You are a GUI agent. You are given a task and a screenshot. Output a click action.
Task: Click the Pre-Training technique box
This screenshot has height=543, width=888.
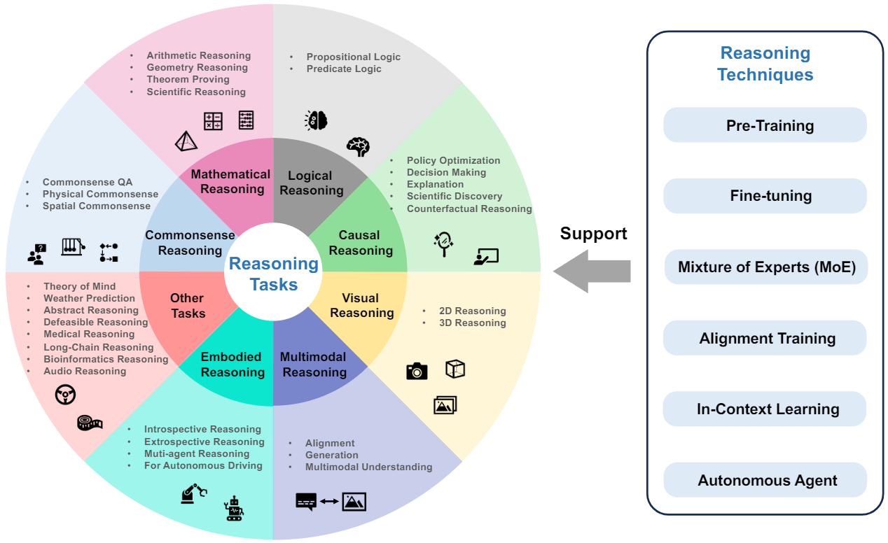click(x=765, y=126)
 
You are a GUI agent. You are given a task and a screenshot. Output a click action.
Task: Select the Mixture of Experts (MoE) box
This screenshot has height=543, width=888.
click(x=766, y=267)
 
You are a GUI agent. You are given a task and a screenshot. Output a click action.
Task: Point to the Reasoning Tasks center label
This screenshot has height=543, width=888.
click(x=274, y=274)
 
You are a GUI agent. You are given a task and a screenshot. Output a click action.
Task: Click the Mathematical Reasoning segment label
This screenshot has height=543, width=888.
click(x=230, y=181)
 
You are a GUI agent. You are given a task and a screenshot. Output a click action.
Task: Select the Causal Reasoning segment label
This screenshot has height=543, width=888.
click(x=360, y=243)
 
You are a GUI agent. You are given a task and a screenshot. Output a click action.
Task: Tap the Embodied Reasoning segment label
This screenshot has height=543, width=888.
click(x=232, y=365)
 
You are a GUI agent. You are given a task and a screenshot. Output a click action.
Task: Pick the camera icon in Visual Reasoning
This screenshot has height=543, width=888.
click(x=417, y=371)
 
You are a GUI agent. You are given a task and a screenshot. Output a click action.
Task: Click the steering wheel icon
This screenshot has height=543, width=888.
click(x=66, y=395)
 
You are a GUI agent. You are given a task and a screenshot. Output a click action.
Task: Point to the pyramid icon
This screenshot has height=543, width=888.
click(x=186, y=141)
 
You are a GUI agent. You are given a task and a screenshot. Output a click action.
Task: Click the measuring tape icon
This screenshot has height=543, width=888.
click(x=90, y=423)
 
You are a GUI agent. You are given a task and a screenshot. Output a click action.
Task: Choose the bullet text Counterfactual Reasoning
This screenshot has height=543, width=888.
click(x=469, y=209)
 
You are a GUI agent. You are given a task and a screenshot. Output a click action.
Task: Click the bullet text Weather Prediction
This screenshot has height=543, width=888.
click(x=89, y=298)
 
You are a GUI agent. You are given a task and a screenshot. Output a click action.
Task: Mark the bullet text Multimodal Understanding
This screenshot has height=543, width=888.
click(x=368, y=467)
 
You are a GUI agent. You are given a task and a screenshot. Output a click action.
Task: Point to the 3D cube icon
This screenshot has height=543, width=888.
click(x=455, y=369)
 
